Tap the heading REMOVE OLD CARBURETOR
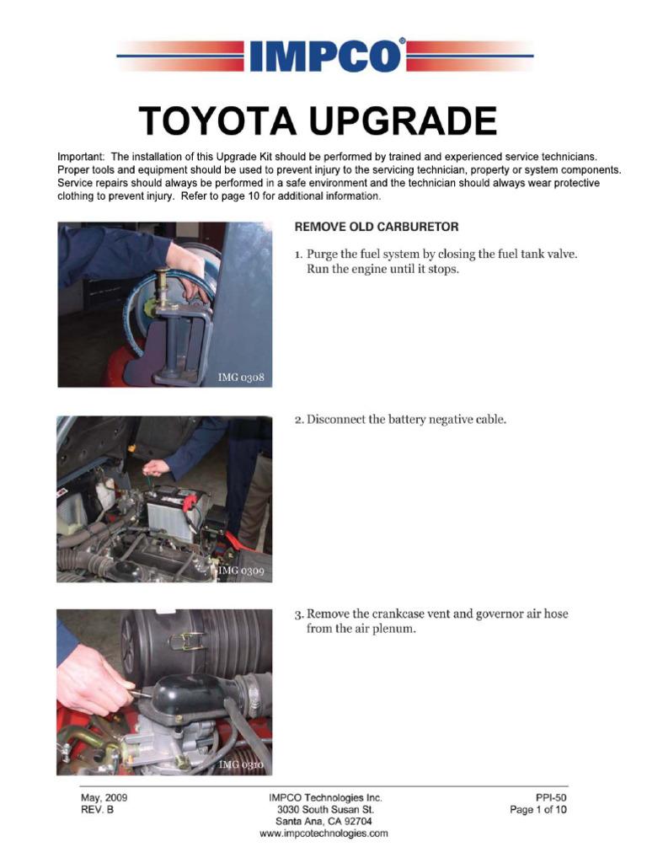[376, 228]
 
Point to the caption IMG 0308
[241, 377]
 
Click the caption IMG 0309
[242, 571]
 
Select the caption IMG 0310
[242, 764]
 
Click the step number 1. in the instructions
[299, 254]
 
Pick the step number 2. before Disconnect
[299, 419]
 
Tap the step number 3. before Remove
[299, 614]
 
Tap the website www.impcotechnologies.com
[324, 834]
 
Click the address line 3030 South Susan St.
[324, 809]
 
